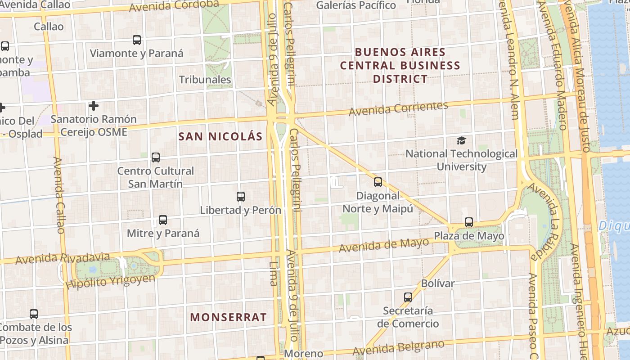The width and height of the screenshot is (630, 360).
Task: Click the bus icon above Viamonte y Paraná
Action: (137, 40)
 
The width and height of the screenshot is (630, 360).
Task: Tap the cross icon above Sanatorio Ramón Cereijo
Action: (94, 106)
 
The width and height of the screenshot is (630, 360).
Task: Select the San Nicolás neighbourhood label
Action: (220, 136)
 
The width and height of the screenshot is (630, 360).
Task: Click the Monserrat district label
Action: (228, 317)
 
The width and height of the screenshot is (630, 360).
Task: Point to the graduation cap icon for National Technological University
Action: (461, 141)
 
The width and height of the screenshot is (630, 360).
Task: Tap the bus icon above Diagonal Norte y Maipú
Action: (378, 182)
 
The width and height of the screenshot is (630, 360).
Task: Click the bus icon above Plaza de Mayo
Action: (469, 222)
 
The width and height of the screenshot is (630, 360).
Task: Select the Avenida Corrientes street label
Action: (398, 108)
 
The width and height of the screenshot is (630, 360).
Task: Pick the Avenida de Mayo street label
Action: (384, 245)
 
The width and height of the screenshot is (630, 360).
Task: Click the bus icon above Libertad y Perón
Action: (241, 197)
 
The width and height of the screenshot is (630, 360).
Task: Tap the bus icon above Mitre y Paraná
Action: (163, 220)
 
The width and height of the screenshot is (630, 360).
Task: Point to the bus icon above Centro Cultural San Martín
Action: (156, 157)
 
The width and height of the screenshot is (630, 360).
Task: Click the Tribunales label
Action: (205, 80)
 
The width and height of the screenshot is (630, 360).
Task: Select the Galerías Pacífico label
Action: (356, 5)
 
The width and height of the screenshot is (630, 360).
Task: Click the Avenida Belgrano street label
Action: (398, 347)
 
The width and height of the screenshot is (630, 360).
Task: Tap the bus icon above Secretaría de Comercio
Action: (408, 297)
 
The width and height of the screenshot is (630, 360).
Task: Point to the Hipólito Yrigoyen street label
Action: (110, 281)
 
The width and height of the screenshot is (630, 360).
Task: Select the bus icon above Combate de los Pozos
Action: (34, 314)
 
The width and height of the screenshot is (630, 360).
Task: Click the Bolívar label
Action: (438, 283)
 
